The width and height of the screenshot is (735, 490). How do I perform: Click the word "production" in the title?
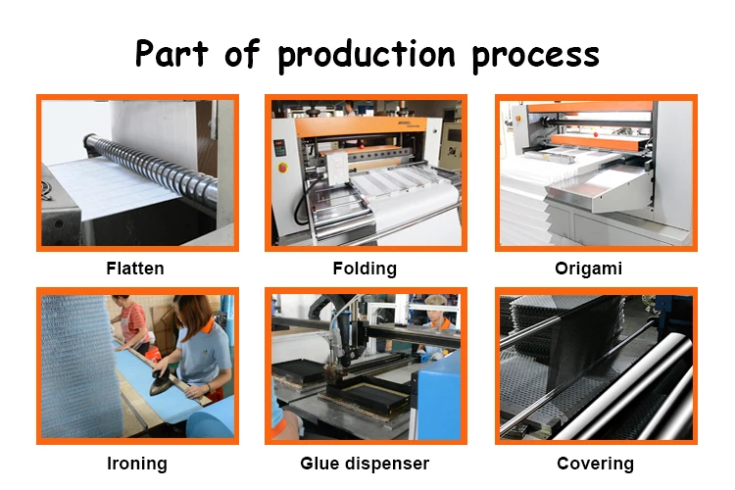[367, 56]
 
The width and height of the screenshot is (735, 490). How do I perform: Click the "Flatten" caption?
[135, 269]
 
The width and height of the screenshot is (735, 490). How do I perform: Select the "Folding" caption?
[365, 269]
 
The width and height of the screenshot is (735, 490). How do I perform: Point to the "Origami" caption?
[588, 269]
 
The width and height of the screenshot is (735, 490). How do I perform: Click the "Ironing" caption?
[137, 464]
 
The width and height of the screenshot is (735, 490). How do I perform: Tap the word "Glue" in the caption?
[320, 464]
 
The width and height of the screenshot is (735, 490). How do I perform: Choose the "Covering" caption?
[595, 464]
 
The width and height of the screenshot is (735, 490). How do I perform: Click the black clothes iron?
[161, 381]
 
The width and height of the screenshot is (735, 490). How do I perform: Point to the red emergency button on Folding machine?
[282, 167]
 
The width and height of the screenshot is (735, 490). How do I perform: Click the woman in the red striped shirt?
[131, 322]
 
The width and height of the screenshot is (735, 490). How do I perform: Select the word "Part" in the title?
[171, 54]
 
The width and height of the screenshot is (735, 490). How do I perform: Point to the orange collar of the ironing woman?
[208, 325]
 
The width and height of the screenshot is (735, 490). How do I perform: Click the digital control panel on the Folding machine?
[280, 148]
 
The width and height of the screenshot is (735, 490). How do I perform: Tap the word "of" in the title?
[242, 55]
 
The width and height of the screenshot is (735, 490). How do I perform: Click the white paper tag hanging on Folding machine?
[337, 167]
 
